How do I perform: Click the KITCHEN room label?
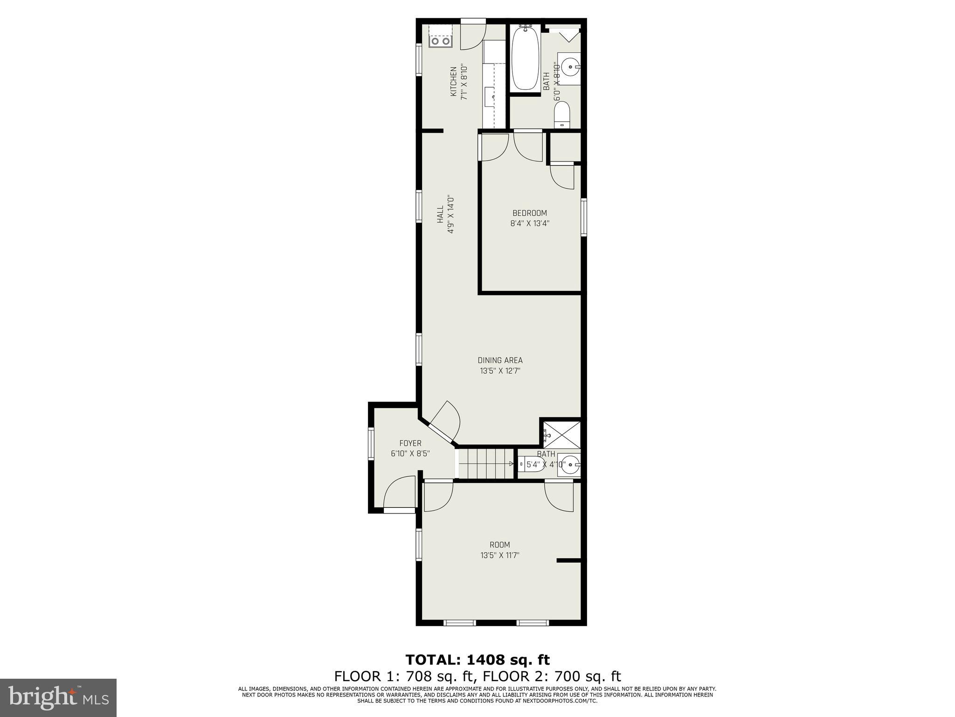click(453, 82)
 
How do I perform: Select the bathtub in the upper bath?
click(525, 58)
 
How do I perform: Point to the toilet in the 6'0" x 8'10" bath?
click(562, 115)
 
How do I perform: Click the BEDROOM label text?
click(530, 213)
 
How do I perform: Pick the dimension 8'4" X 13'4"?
click(530, 224)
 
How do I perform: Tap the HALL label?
click(440, 214)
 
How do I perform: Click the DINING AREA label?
click(500, 360)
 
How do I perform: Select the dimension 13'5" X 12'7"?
click(500, 371)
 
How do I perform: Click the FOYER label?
click(410, 443)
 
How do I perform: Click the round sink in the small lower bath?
click(569, 464)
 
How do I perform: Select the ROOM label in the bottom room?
click(500, 545)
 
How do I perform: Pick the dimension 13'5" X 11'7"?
click(500, 555)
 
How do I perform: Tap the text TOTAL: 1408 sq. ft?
click(477, 660)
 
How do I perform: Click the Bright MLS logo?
click(58, 697)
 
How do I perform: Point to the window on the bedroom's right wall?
click(583, 217)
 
